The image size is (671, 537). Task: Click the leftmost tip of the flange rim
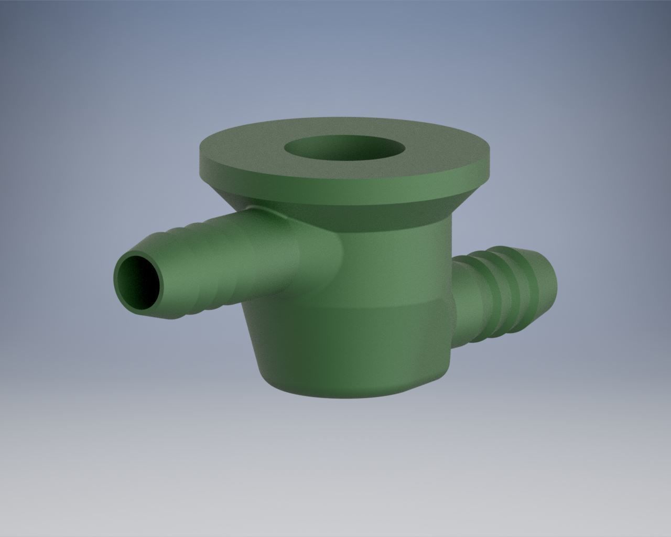(200, 157)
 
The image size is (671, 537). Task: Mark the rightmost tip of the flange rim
(490, 157)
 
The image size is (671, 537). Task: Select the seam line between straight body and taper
(367, 309)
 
